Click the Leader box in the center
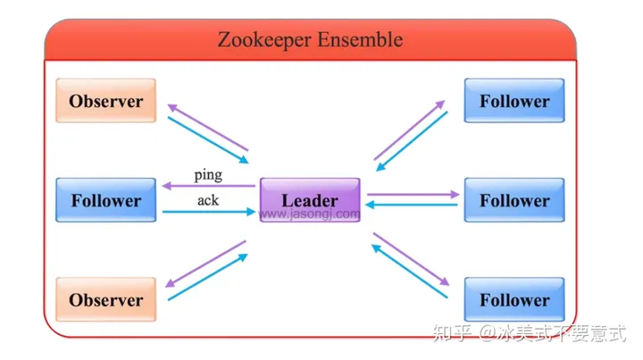[x=310, y=199]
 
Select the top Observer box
[x=105, y=101]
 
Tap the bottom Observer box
[x=105, y=299]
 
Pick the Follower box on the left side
[x=105, y=200]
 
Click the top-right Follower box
[x=514, y=101]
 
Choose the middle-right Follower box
[x=514, y=200]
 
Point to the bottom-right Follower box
[x=514, y=299]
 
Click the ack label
[x=208, y=200]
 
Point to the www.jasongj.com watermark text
[x=310, y=214]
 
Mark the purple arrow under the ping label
[x=208, y=186]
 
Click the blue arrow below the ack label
[x=208, y=213]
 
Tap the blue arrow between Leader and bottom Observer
[x=207, y=277]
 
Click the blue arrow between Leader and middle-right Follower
[x=413, y=205]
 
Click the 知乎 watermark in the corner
[x=452, y=334]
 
